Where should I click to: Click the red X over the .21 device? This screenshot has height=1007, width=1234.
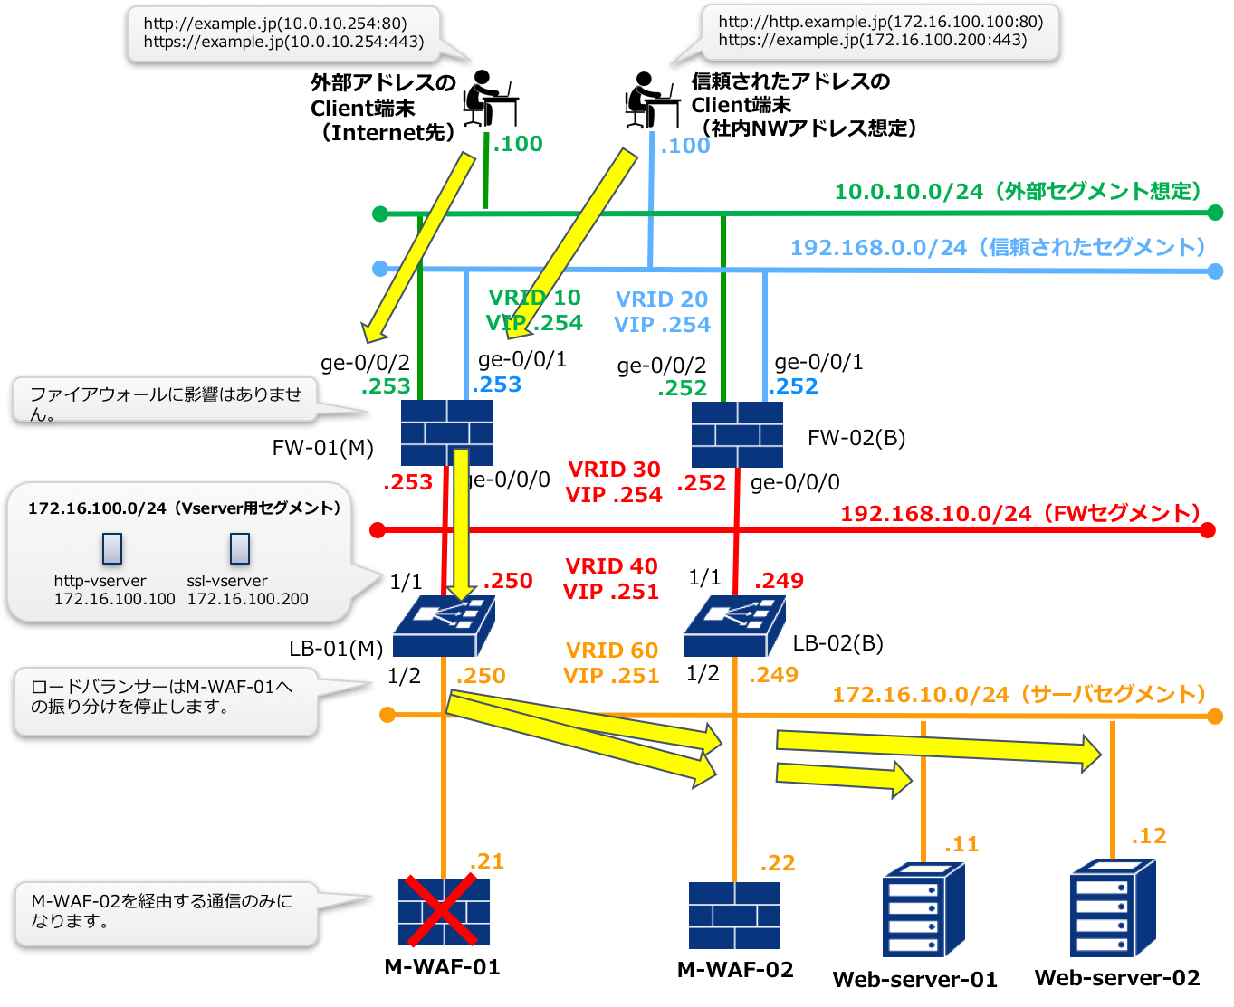tap(443, 911)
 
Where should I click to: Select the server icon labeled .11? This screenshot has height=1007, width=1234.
tap(923, 908)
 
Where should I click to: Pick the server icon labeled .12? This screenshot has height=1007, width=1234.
tap(1112, 907)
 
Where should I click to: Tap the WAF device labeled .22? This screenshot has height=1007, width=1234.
tap(734, 916)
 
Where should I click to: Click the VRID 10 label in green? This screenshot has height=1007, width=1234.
tap(534, 298)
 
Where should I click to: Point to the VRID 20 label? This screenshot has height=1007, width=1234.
tap(662, 299)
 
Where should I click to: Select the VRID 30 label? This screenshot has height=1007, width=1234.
tap(614, 470)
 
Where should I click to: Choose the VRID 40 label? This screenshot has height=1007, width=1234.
tap(611, 566)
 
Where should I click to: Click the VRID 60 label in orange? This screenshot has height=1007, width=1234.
tap(612, 651)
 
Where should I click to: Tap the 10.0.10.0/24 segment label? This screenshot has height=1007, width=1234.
tap(1018, 192)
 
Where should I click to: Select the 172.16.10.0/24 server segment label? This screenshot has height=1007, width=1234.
tap(1019, 695)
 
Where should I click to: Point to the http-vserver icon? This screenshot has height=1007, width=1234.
tap(112, 548)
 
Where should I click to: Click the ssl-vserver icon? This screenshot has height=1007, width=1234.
tap(240, 548)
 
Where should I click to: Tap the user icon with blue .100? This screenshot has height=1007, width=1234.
tap(652, 100)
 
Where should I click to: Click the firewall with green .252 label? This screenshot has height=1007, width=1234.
tap(737, 434)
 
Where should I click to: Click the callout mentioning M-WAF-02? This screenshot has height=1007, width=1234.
tap(167, 913)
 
